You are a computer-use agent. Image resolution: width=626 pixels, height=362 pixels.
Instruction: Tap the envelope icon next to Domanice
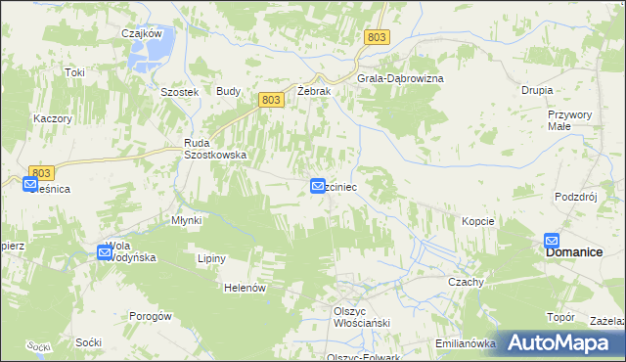point(552,240)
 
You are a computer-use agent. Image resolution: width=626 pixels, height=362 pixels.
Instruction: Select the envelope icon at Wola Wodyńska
point(105,251)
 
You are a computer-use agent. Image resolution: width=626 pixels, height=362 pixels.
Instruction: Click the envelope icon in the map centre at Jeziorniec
point(318,185)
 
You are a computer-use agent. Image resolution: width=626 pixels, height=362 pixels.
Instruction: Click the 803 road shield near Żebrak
point(273,100)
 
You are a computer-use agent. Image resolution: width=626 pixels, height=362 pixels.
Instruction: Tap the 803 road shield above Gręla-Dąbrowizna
point(379,37)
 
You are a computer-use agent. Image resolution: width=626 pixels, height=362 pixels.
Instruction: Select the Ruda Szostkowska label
point(215,148)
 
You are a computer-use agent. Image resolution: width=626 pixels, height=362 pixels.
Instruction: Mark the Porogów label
point(151,316)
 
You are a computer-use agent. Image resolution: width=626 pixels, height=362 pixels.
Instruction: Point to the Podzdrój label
point(575,196)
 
